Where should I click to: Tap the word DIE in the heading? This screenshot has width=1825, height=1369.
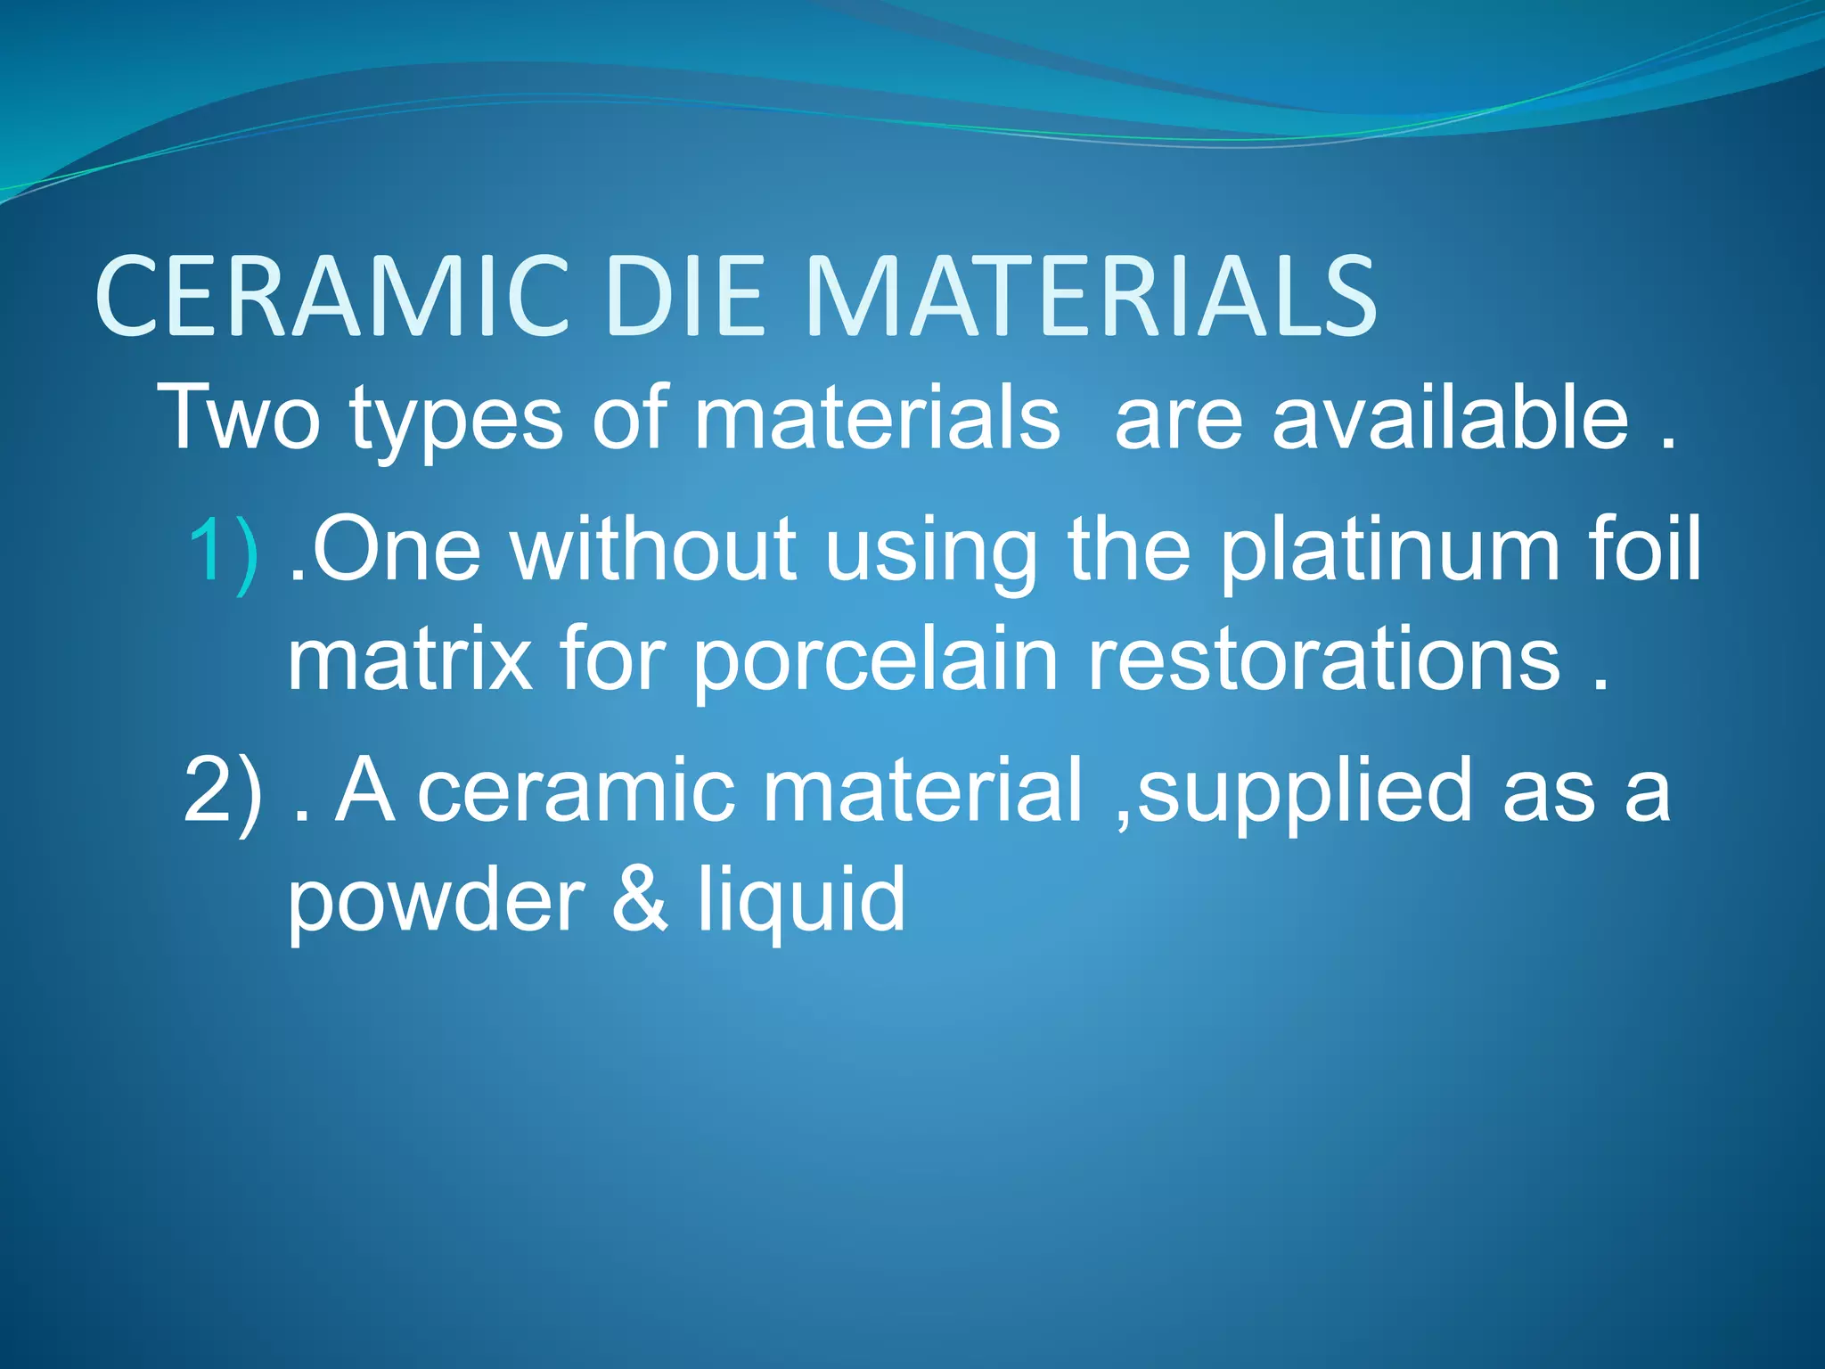(683, 297)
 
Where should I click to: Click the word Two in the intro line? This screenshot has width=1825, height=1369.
(238, 417)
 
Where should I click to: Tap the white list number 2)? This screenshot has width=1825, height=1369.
(224, 790)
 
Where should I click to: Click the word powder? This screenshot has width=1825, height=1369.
(436, 900)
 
